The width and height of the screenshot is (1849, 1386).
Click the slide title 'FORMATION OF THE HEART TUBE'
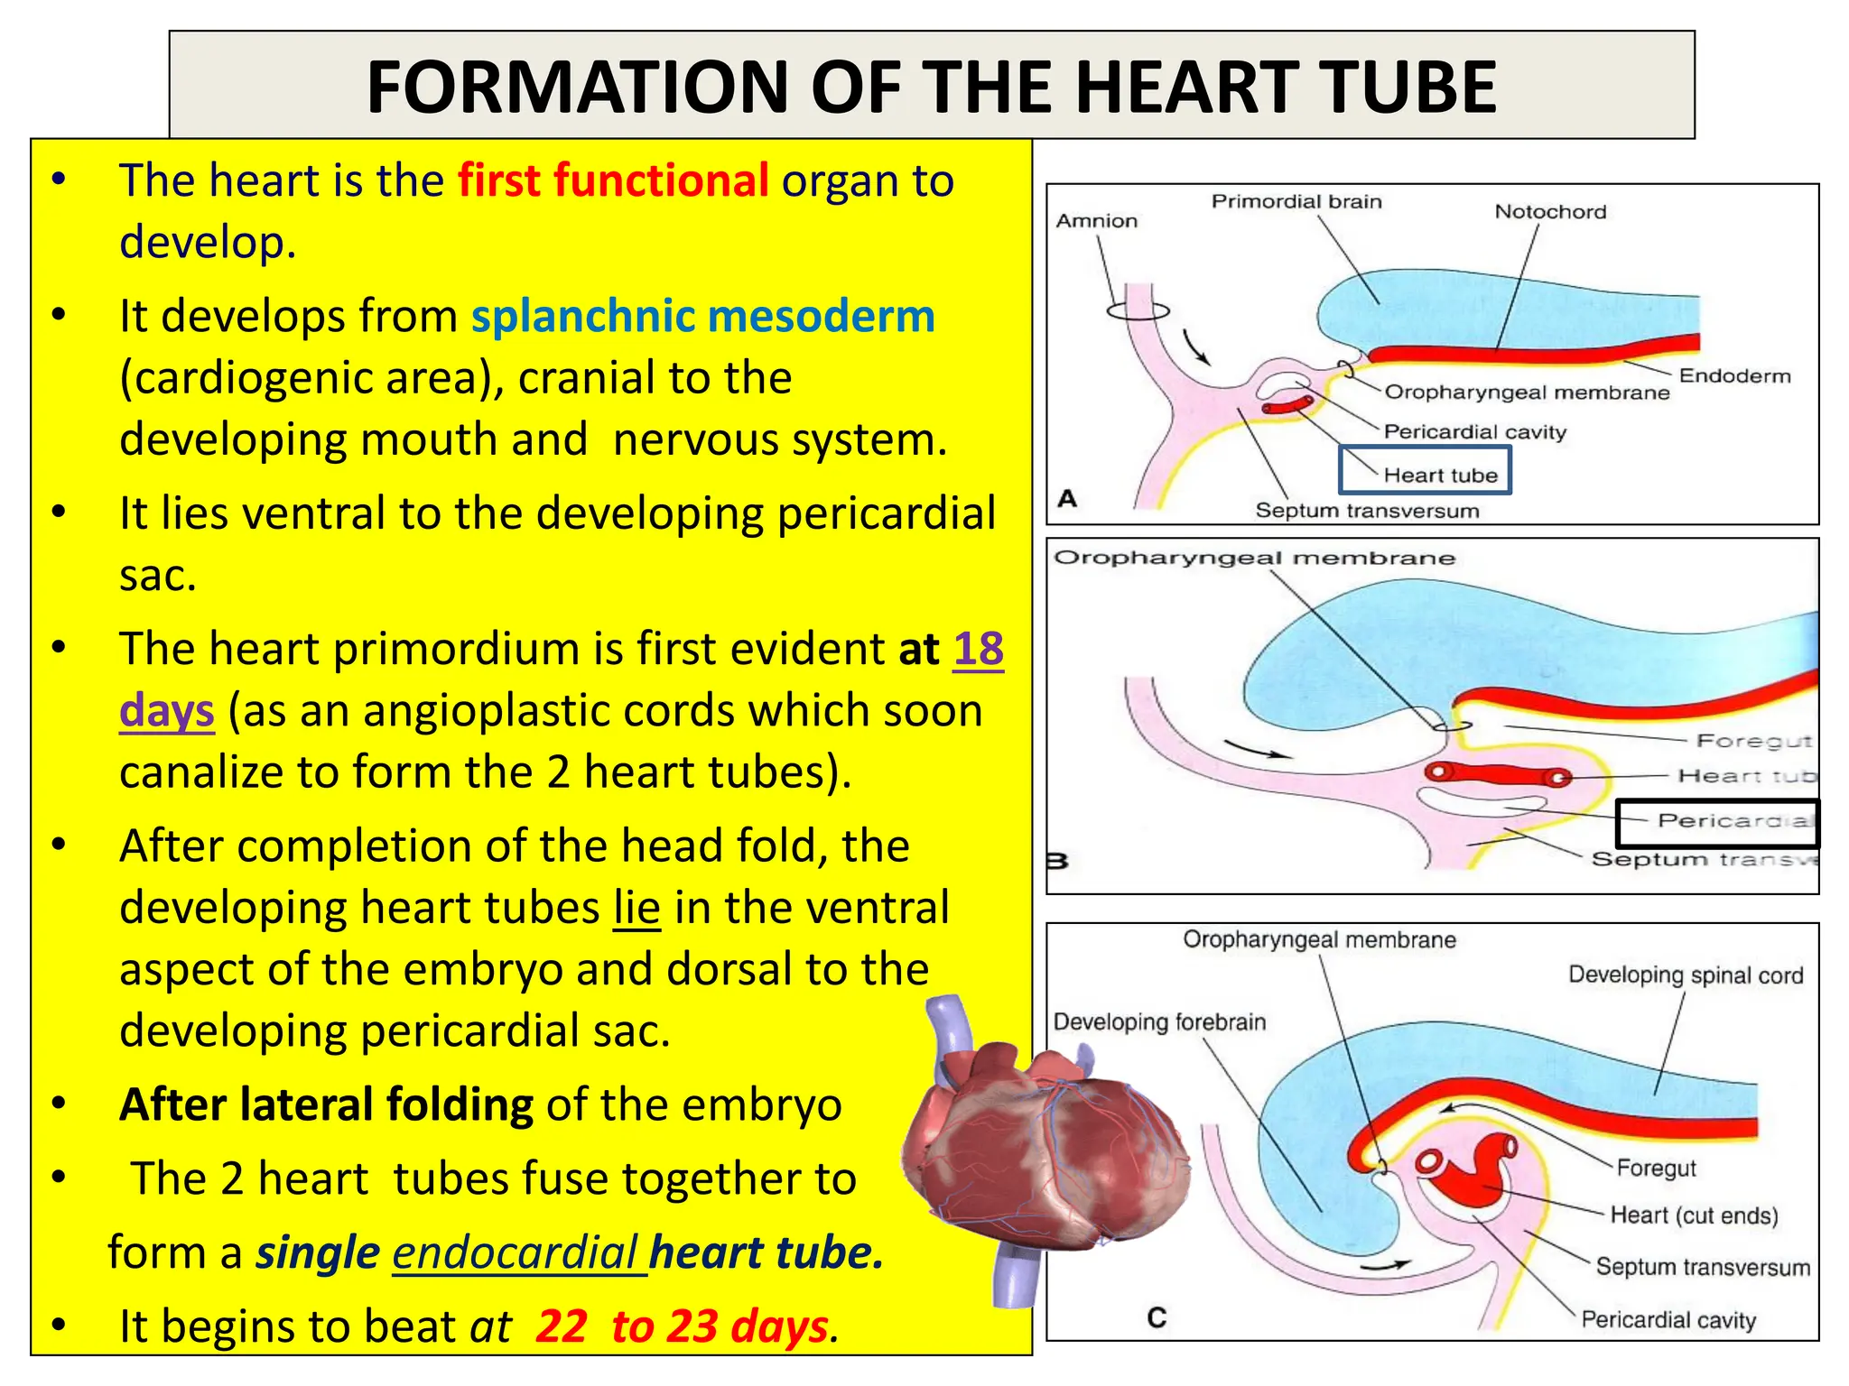(x=931, y=87)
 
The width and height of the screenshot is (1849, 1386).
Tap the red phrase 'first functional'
(x=613, y=180)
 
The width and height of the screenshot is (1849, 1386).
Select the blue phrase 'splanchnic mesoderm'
(x=702, y=317)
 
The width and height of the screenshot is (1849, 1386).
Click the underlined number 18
(x=978, y=649)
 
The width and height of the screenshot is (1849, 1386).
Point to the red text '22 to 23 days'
(x=682, y=1326)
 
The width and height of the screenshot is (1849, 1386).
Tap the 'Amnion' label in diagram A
(x=1096, y=221)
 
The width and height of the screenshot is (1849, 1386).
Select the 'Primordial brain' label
(x=1296, y=201)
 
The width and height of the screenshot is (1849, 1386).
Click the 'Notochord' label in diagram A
(x=1550, y=212)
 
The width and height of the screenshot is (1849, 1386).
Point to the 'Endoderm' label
(x=1733, y=376)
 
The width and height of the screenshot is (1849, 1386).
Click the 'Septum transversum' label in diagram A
(x=1367, y=511)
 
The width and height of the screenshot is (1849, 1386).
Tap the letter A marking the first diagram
(x=1068, y=498)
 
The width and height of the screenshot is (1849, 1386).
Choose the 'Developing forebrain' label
(x=1159, y=1022)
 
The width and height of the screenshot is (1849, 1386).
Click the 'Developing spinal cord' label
(x=1685, y=975)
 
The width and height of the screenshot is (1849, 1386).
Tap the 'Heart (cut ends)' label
(x=1694, y=1215)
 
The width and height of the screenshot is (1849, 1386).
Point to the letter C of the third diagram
(x=1157, y=1318)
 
